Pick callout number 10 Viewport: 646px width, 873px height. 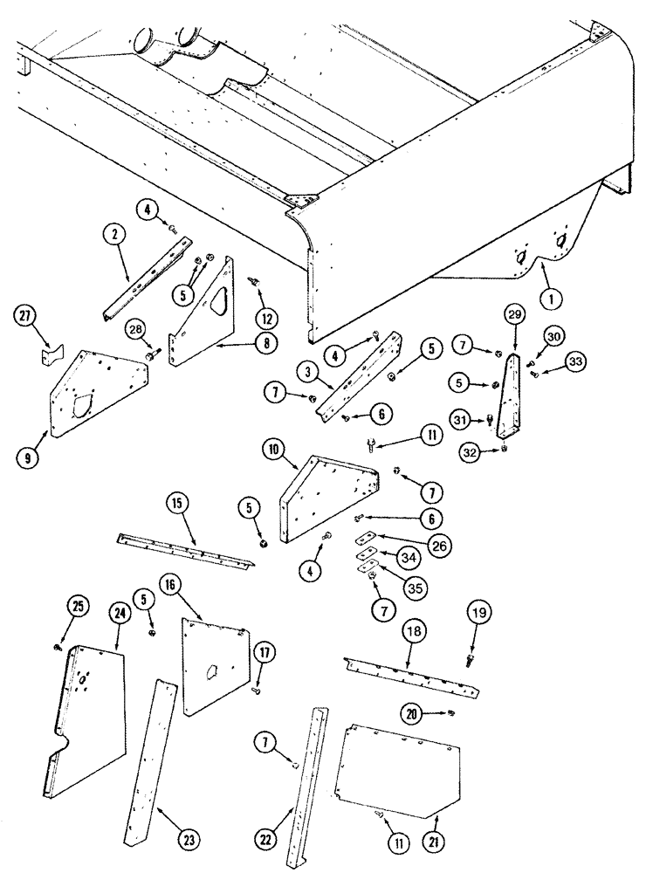pos(272,451)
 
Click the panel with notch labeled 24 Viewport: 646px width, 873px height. pos(87,707)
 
